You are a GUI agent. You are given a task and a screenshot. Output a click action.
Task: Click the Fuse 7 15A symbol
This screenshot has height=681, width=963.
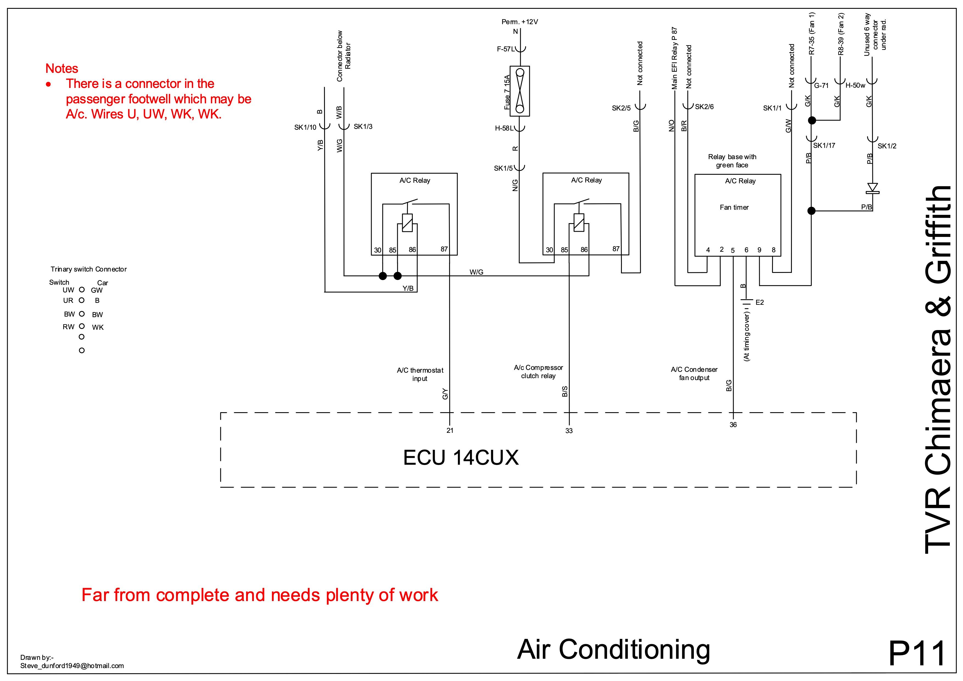pyautogui.click(x=520, y=91)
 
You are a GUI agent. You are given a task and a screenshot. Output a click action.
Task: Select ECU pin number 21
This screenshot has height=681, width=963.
pyautogui.click(x=450, y=430)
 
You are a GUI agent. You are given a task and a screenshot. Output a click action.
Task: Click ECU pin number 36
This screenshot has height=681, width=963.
pyautogui.click(x=733, y=425)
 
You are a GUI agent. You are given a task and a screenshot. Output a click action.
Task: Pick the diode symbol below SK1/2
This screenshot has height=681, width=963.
pyautogui.click(x=872, y=187)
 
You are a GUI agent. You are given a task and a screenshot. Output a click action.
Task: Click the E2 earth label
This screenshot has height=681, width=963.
pyautogui.click(x=759, y=302)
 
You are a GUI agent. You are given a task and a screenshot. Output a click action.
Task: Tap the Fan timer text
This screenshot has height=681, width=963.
pyautogui.click(x=734, y=207)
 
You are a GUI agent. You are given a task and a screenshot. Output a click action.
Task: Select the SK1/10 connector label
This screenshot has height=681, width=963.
pyautogui.click(x=305, y=128)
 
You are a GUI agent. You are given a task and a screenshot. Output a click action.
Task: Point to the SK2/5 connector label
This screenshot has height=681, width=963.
pyautogui.click(x=621, y=108)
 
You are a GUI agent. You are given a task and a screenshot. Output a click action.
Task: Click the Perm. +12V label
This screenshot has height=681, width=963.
pyautogui.click(x=520, y=22)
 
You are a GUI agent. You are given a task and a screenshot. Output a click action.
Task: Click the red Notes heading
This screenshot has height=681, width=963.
pyautogui.click(x=62, y=68)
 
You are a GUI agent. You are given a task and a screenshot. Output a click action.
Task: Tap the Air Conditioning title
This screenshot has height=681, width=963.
pyautogui.click(x=613, y=649)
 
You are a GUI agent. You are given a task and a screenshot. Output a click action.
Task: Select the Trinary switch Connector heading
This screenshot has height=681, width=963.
pyautogui.click(x=88, y=269)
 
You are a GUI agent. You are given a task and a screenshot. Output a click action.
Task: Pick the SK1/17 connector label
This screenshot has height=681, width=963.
pyautogui.click(x=824, y=146)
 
